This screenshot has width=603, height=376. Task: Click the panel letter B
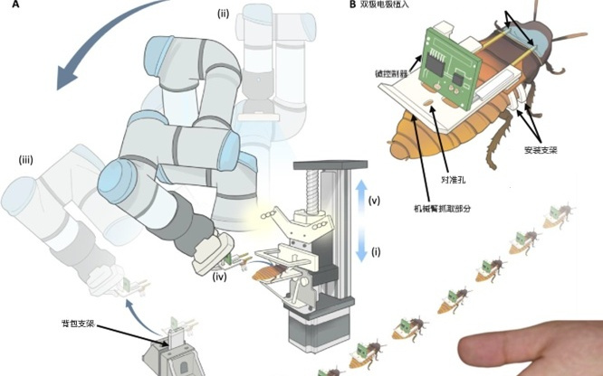(352, 5)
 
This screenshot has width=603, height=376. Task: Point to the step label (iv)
(221, 277)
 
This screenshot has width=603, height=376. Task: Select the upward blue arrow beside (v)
(362, 195)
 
